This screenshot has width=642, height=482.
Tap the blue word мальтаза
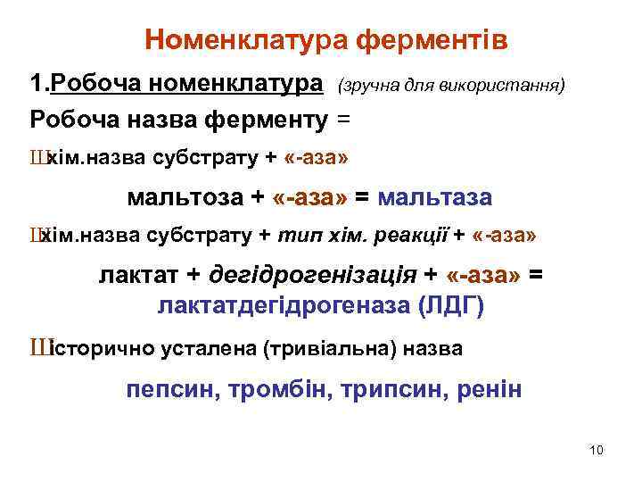[435, 196]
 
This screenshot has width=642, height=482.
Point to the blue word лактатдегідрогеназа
[284, 306]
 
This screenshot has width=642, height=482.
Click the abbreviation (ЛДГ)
[451, 306]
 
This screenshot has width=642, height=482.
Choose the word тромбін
[277, 389]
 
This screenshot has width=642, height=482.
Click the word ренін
[490, 389]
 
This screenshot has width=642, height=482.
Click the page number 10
[597, 449]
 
